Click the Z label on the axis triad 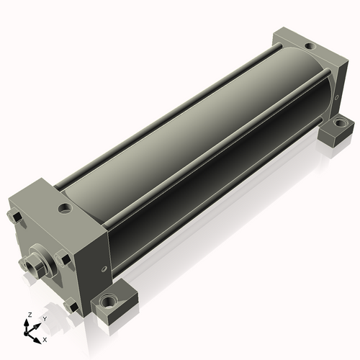coord(30,315)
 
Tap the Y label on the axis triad coord(45,319)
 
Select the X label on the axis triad coord(45,340)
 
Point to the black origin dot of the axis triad coord(26,333)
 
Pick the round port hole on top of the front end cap coord(65,208)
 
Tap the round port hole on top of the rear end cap coord(310,45)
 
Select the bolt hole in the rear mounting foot coord(340,123)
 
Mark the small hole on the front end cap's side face coord(104,269)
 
